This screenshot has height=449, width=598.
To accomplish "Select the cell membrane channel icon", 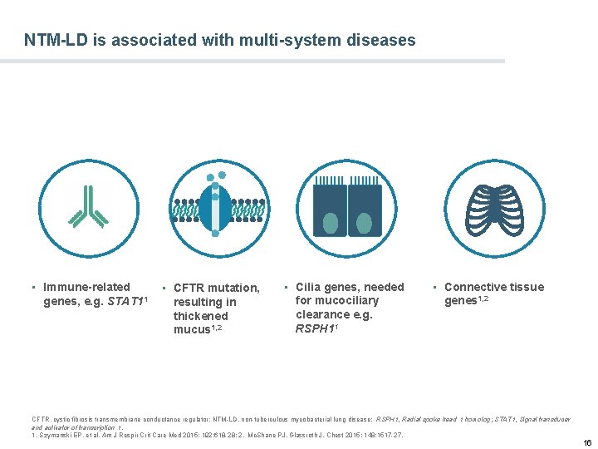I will pyautogui.click(x=216, y=205).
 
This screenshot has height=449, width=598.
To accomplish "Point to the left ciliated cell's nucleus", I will pyautogui.click(x=331, y=223).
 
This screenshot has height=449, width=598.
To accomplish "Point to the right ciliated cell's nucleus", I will pyautogui.click(x=365, y=223).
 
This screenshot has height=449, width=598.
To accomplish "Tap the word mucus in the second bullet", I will pyautogui.click(x=191, y=330).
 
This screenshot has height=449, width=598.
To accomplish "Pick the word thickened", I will pyautogui.click(x=200, y=316).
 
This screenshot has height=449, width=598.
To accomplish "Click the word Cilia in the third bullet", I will pyautogui.click(x=310, y=287).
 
